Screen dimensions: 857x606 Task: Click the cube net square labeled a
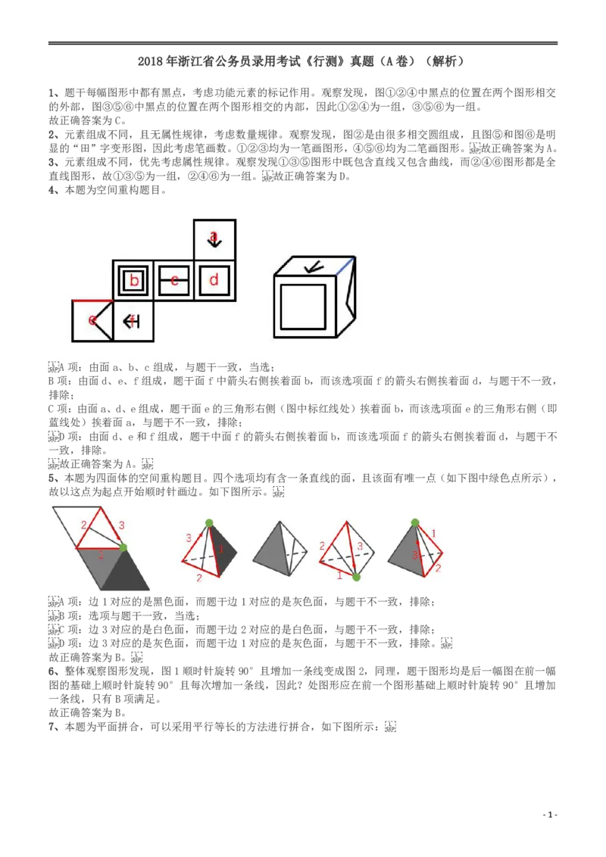tap(214, 239)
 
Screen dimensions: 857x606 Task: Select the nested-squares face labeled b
tap(134, 281)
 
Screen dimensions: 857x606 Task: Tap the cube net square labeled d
tap(214, 281)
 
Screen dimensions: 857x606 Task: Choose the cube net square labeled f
tap(133, 321)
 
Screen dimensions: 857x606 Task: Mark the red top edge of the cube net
tap(92, 301)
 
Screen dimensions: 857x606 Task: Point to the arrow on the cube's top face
tap(311, 266)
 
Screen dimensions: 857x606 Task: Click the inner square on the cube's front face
tap(303, 307)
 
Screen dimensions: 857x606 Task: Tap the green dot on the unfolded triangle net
tap(123, 547)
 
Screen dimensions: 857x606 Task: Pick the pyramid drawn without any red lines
tap(280, 549)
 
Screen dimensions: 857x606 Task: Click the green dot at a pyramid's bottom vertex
tap(356, 577)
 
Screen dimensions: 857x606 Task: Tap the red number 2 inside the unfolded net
tap(83, 525)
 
